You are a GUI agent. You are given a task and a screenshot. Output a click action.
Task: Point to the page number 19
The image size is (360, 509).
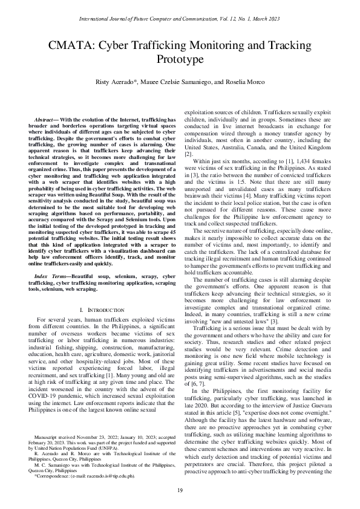click(180, 490)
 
